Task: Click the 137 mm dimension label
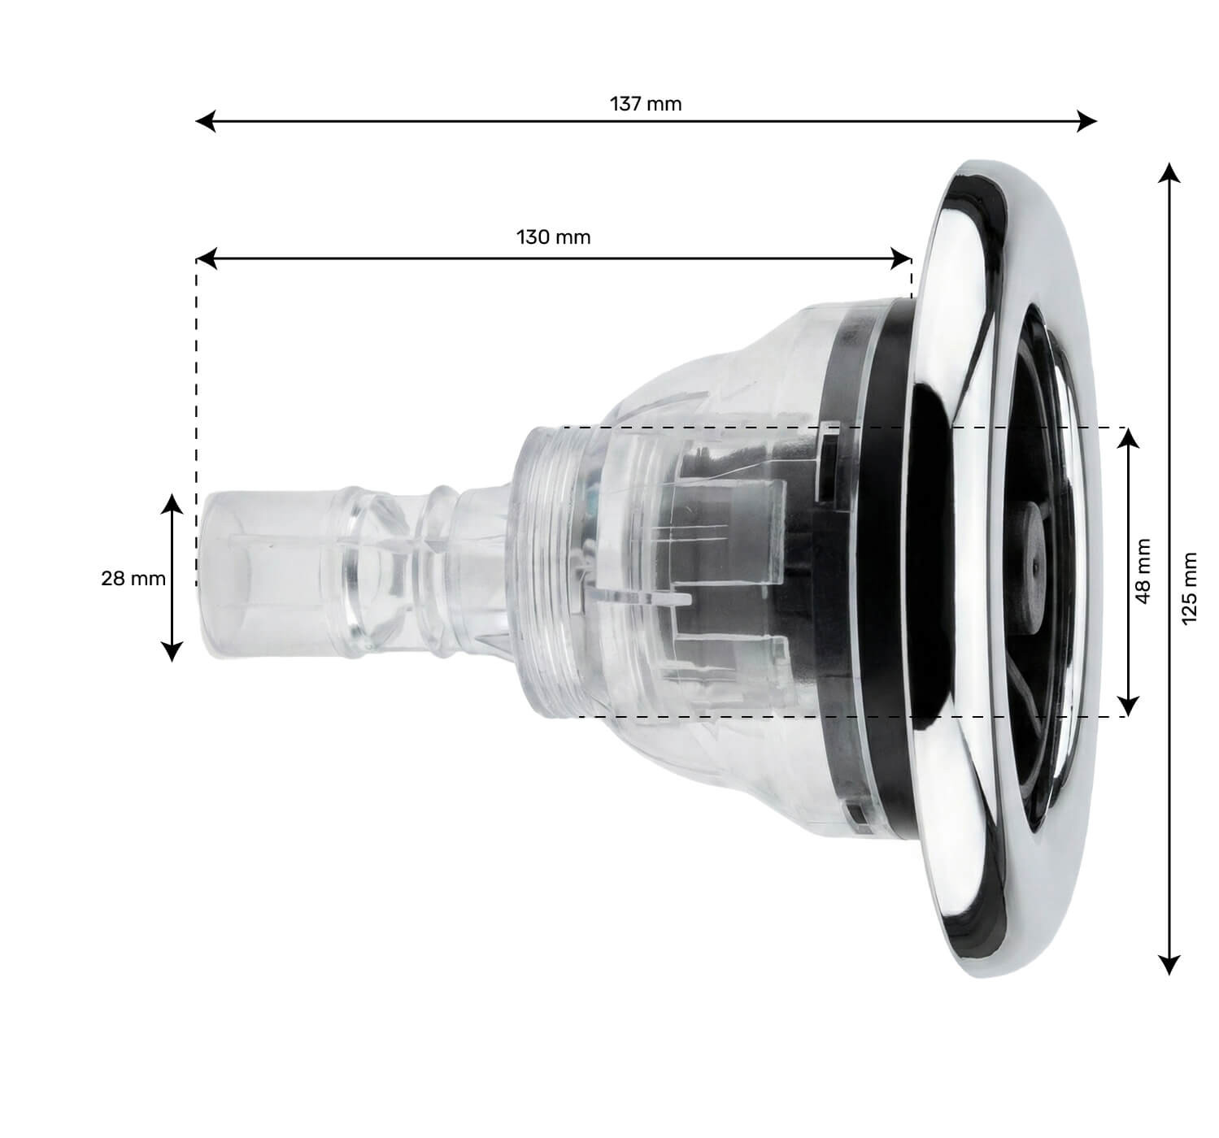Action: (646, 104)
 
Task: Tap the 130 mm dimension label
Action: (553, 237)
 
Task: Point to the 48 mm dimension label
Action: (1143, 571)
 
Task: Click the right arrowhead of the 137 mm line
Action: (1088, 122)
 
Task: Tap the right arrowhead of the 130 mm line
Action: (903, 259)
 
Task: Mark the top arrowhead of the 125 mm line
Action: (1169, 172)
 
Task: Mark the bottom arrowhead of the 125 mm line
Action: (1169, 966)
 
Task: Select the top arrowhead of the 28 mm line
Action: (172, 502)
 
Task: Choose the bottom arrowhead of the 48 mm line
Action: (1127, 706)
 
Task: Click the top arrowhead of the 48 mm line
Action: (1127, 437)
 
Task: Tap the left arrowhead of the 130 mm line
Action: (206, 259)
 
